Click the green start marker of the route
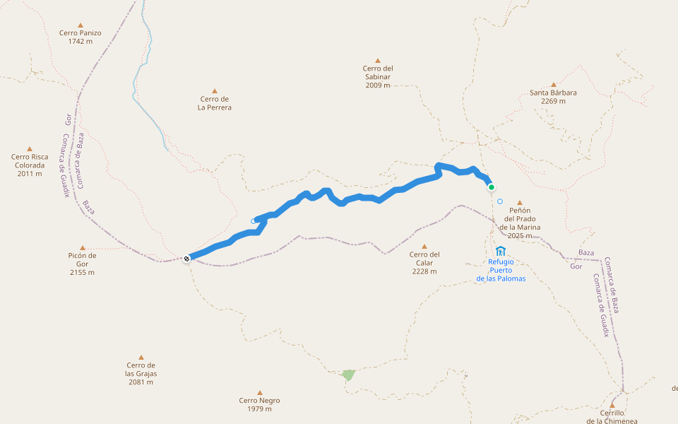[491, 187]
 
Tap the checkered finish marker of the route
[186, 259]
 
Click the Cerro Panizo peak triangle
[81, 25]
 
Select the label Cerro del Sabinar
[377, 76]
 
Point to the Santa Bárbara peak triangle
[553, 84]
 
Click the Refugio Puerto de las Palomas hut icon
[501, 251]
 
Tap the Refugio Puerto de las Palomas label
[501, 270]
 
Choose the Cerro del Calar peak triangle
[424, 247]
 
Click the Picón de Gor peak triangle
[83, 247]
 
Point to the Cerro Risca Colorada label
[30, 165]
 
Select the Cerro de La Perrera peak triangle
[215, 90]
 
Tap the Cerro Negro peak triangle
[259, 392]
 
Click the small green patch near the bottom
[348, 375]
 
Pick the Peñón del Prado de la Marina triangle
[520, 202]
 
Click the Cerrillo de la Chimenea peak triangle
[612, 405]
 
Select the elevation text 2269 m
[553, 101]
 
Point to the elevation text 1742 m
[81, 42]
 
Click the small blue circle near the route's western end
[254, 221]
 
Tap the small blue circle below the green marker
[500, 201]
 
